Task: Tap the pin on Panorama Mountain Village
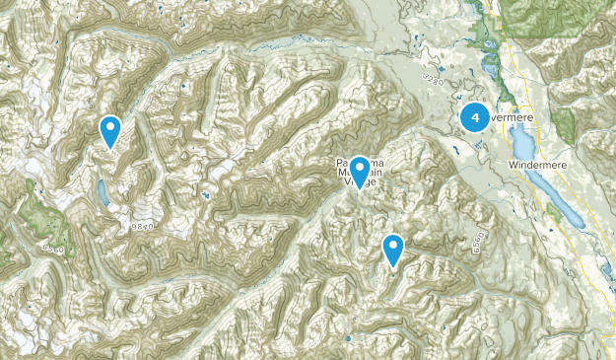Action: (360, 171)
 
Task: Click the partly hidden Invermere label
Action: (512, 117)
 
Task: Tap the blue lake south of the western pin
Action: (103, 192)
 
